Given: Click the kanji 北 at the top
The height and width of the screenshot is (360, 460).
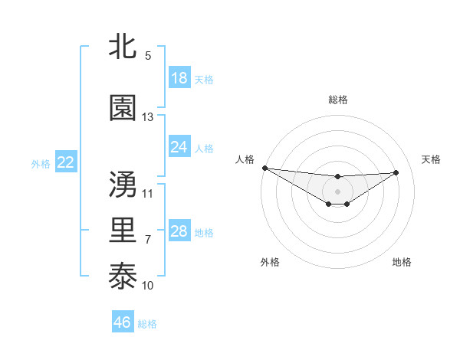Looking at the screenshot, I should (x=123, y=47).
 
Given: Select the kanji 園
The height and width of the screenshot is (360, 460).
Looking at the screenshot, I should (x=123, y=108).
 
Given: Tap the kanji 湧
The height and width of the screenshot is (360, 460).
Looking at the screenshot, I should (x=123, y=184).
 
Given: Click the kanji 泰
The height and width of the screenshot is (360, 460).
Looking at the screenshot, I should (x=123, y=275).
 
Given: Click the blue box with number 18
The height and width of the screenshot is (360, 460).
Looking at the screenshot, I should (x=179, y=78).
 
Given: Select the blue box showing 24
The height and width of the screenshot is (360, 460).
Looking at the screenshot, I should (x=179, y=147).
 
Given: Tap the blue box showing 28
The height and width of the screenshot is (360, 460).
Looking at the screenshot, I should (x=179, y=231).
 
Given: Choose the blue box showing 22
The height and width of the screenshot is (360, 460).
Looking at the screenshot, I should (x=66, y=162).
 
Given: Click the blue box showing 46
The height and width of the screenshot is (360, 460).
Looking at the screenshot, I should (x=123, y=322).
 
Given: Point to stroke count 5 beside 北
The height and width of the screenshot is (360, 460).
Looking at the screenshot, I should (x=148, y=56).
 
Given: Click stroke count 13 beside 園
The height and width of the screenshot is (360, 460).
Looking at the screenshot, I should (x=148, y=117).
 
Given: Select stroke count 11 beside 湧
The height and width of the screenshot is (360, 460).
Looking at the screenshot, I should (x=148, y=193).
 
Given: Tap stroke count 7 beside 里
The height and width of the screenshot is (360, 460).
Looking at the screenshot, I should (x=148, y=239).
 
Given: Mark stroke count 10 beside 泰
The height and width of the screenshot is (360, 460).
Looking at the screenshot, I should (x=148, y=285).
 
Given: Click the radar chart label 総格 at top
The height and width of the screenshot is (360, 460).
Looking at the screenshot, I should (x=338, y=100).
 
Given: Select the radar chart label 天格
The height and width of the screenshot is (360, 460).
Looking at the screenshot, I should (x=432, y=159).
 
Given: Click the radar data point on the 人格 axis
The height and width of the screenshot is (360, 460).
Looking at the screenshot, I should (x=264, y=168).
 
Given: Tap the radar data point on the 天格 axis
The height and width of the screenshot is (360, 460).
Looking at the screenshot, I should (x=396, y=172).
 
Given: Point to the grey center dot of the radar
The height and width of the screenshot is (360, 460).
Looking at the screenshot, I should (x=337, y=191).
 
